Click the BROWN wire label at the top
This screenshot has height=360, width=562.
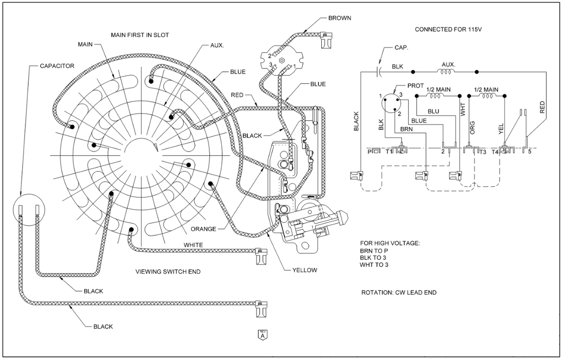340,18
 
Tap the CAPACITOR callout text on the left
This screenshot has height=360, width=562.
57,66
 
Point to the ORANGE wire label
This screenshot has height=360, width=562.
204,228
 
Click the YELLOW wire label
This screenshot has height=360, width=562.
305,270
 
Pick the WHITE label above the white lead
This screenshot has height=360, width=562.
194,245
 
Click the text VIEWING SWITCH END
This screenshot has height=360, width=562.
168,272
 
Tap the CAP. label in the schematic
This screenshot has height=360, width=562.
401,47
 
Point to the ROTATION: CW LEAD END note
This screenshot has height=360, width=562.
399,292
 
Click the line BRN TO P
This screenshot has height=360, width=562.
375,251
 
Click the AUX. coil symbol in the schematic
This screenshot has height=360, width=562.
446,72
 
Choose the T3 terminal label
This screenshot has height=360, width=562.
482,152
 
